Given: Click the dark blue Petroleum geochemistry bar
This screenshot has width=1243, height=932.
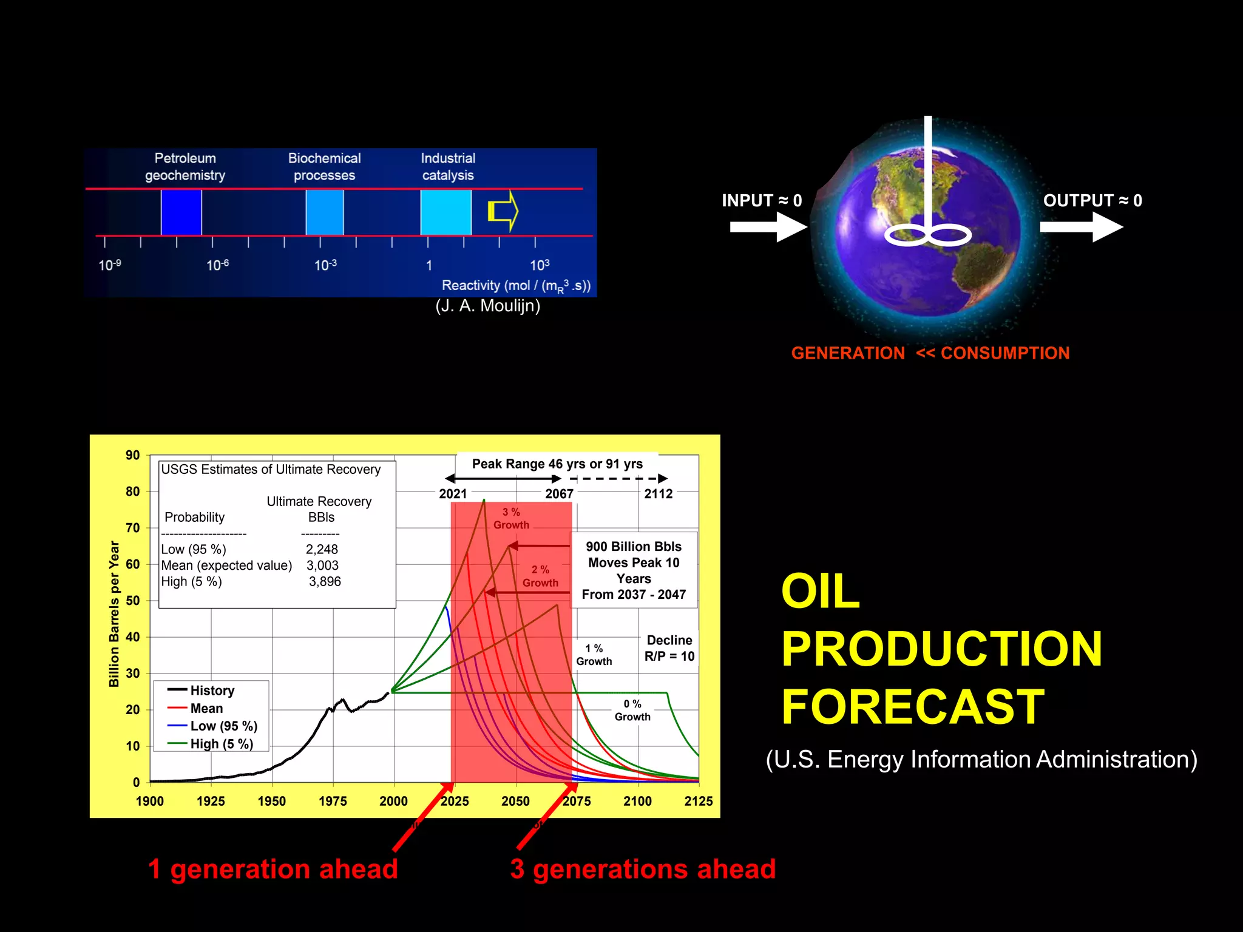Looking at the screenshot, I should point(181,212).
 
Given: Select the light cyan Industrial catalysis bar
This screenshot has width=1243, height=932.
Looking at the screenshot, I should point(446,212).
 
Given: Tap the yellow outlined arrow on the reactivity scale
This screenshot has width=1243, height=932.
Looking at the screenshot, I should point(503,211).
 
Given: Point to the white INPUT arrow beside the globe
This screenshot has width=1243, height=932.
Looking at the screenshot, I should point(768,227).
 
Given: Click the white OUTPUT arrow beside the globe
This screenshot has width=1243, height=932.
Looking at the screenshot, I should point(1081,227).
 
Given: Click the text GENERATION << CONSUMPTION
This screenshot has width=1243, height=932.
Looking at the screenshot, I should point(930,353).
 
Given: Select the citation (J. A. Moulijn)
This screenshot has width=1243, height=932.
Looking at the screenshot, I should point(487,306).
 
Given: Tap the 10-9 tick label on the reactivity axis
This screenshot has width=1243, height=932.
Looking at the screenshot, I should point(110,265).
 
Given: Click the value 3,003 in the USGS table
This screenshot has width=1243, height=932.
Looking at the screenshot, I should point(322,566).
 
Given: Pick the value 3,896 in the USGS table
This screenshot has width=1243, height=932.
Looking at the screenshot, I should point(325,581).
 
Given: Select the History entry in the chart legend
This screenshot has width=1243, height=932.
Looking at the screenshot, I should point(212,691).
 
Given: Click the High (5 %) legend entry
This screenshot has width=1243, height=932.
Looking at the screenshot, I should point(221,744).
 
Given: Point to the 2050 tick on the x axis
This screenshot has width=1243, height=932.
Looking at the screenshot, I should point(515,801).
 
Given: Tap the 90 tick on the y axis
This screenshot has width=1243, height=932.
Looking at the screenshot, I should point(132,455).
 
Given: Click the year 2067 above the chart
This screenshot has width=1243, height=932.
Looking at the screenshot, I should point(559,494).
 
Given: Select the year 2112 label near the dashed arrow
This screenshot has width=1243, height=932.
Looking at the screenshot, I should point(659,494).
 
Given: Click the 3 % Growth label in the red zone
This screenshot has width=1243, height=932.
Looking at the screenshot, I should point(511,519).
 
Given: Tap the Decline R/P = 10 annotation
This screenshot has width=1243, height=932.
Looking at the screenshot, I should point(669,648).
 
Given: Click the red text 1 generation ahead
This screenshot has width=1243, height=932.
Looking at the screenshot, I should point(273,869).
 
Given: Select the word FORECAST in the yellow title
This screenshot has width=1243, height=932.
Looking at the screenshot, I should point(912,707).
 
